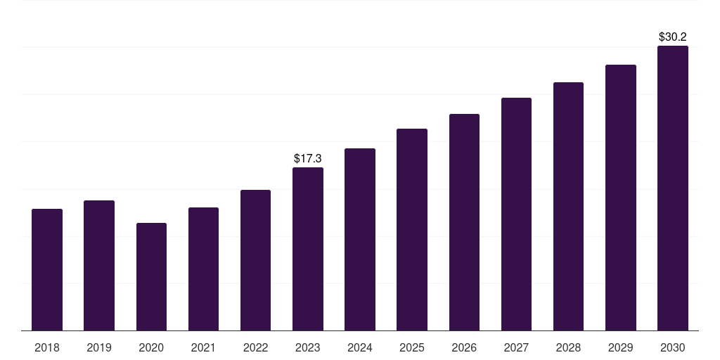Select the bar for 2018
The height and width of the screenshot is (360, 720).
point(47,270)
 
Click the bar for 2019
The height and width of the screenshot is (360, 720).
point(99,265)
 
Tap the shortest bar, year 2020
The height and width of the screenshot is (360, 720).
point(152,277)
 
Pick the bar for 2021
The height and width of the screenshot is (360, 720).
point(203,269)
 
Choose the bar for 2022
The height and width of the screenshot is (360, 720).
point(255,260)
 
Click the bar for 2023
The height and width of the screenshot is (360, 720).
point(308,249)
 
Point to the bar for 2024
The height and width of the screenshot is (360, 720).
point(360,240)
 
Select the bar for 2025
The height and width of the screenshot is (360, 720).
point(412,230)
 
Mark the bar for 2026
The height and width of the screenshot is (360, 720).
point(464,222)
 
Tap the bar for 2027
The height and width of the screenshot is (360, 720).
point(516,214)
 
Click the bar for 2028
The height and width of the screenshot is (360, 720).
point(568,207)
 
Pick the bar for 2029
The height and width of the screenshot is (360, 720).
point(621,198)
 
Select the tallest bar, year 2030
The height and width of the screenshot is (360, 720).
point(673,188)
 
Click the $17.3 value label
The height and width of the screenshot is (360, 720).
point(308,158)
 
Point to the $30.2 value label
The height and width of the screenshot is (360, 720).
point(673,37)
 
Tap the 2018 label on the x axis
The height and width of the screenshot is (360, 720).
point(47,347)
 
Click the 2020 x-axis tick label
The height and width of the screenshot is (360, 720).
point(152,347)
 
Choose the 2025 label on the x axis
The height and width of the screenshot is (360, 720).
point(412,347)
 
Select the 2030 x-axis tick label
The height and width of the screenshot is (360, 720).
point(673,347)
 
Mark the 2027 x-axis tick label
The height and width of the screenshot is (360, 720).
point(516,347)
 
